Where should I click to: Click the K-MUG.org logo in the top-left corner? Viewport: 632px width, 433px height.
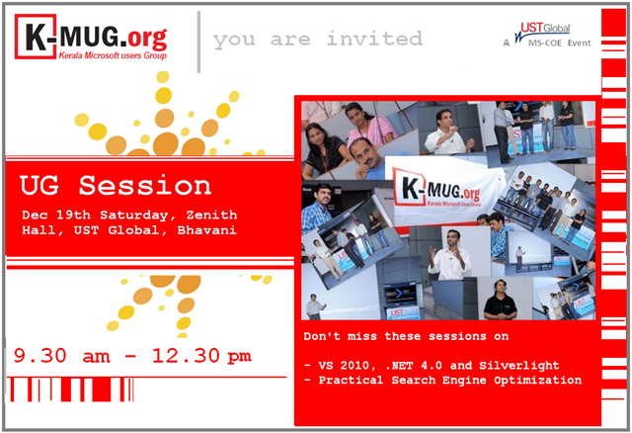(91, 38)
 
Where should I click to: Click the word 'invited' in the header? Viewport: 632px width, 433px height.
(375, 39)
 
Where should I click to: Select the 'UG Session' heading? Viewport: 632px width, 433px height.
(116, 185)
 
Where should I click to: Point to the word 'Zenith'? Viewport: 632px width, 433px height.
(211, 215)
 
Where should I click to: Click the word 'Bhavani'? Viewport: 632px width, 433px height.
(206, 230)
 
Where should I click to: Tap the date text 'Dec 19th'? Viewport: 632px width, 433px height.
(56, 215)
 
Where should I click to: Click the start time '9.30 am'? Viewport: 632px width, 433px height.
(61, 356)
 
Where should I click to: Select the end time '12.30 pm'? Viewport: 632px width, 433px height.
(201, 356)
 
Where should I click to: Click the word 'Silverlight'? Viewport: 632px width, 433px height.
(519, 365)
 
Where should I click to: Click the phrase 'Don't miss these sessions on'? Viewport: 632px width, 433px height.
(406, 336)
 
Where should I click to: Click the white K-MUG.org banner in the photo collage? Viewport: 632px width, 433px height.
(443, 190)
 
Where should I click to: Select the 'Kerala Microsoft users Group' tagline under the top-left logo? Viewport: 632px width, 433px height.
(113, 55)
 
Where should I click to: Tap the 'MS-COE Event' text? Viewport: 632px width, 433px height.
(560, 43)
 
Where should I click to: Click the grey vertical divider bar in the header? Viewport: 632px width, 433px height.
(198, 42)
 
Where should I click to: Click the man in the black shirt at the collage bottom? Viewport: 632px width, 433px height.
(500, 300)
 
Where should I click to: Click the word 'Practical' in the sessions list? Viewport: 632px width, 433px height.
(351, 381)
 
